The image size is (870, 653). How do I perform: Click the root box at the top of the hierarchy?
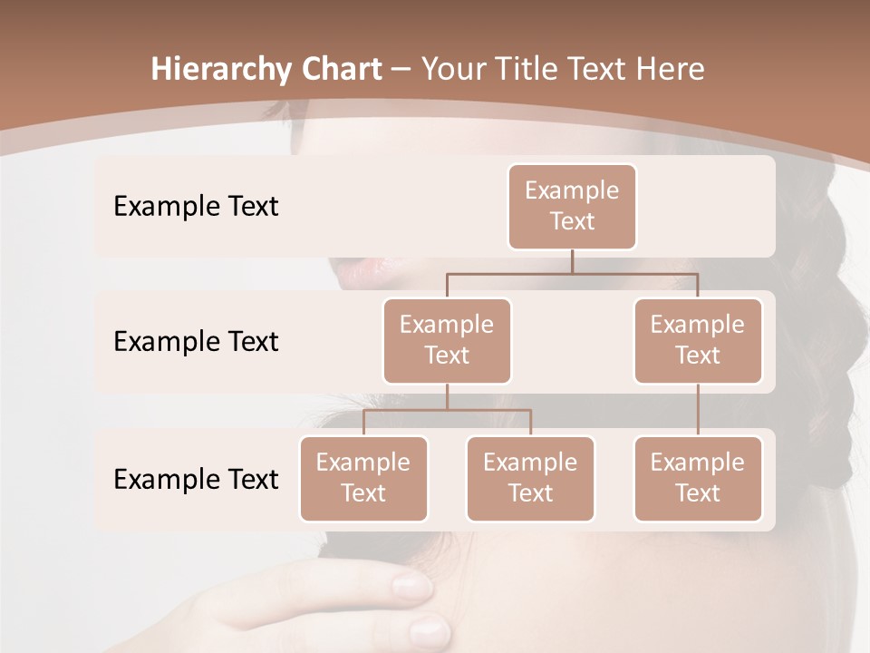572,206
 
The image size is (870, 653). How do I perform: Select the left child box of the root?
447,340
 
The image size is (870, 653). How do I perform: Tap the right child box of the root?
698,340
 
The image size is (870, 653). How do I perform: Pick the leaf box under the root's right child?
698,478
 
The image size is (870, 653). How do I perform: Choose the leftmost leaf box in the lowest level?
363,478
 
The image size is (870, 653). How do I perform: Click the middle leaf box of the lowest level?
530,478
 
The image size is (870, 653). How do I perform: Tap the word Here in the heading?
672,69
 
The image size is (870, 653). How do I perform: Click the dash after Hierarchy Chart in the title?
401,70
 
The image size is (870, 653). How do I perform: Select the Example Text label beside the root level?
196,206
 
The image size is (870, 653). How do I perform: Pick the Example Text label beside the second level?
196,341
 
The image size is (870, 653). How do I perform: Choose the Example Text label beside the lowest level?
196,479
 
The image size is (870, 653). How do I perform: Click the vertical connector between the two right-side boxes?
698,410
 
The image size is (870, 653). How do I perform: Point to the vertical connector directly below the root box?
572,261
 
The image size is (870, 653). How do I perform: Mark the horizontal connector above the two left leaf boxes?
408,410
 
